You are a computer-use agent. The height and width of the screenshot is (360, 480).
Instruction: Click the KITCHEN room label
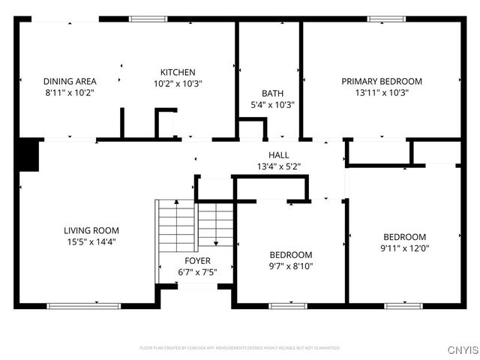click(x=178, y=72)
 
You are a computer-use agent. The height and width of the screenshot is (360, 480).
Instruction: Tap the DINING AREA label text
click(x=69, y=81)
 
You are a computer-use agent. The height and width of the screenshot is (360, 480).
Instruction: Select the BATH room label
click(x=272, y=93)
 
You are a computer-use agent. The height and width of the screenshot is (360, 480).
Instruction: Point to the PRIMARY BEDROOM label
click(x=381, y=81)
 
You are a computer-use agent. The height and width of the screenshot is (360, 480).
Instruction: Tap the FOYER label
click(x=198, y=260)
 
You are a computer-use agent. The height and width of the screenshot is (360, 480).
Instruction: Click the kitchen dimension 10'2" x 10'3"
click(x=178, y=84)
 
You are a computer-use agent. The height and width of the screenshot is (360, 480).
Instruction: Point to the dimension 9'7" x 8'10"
click(x=291, y=266)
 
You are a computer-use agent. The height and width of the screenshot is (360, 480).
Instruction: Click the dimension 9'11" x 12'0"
click(x=404, y=248)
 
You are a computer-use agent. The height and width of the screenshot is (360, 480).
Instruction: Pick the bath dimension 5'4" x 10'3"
click(x=272, y=105)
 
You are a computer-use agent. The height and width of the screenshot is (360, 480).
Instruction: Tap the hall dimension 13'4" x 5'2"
click(x=279, y=166)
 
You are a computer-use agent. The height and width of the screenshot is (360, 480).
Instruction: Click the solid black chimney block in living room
click(x=28, y=155)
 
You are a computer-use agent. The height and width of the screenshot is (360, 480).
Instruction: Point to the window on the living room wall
click(x=83, y=305)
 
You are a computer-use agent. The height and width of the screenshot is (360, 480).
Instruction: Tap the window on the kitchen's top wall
click(x=148, y=19)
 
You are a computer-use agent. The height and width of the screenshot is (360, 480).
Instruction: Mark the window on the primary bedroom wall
click(x=385, y=19)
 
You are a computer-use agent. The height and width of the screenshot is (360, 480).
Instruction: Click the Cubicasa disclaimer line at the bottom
click(x=240, y=348)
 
